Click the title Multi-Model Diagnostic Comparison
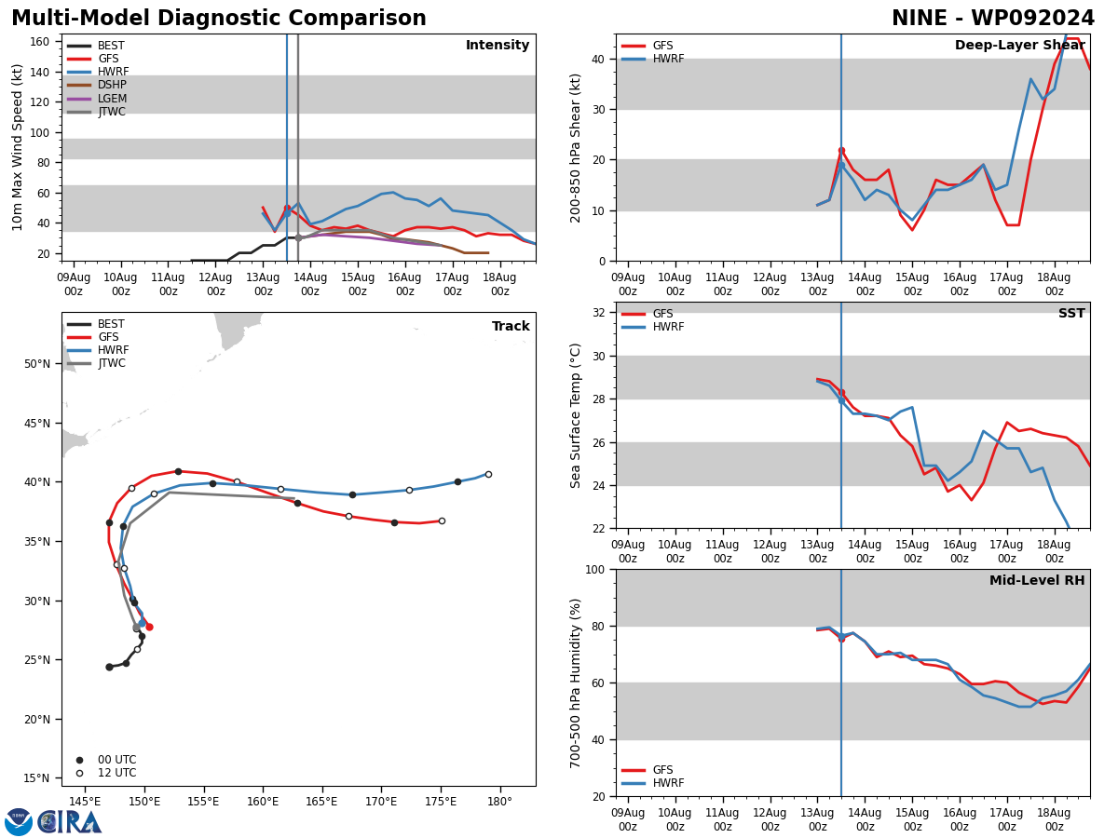pos(219,19)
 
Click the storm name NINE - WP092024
pos(992,19)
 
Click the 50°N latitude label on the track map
pos(37,364)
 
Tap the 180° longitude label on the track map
pos(499,801)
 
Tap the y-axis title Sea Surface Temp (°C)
pos(576,415)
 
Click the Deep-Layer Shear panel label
pos(1019,46)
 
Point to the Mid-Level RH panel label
pos(1037,581)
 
